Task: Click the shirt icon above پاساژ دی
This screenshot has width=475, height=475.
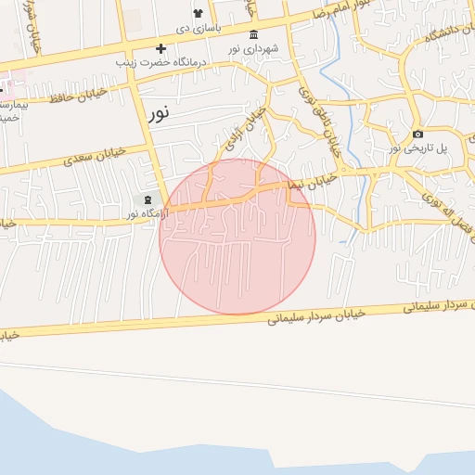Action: coord(198,13)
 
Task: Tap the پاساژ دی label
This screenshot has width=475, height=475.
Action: coord(198,28)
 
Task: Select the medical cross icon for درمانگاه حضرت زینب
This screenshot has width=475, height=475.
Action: coord(160,48)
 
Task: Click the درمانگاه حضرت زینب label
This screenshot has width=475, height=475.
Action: coord(160,62)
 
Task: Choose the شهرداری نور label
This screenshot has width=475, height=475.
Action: coord(255,48)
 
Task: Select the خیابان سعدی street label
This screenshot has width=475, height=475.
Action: coord(93,155)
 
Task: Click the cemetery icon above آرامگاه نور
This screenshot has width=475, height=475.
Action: coord(147,199)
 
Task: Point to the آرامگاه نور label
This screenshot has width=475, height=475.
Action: coord(147,214)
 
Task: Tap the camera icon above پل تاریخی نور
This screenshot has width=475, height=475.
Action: coord(417,134)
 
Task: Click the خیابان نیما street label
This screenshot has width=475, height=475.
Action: coord(309,181)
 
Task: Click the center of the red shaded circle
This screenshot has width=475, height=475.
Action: coord(237,237)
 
